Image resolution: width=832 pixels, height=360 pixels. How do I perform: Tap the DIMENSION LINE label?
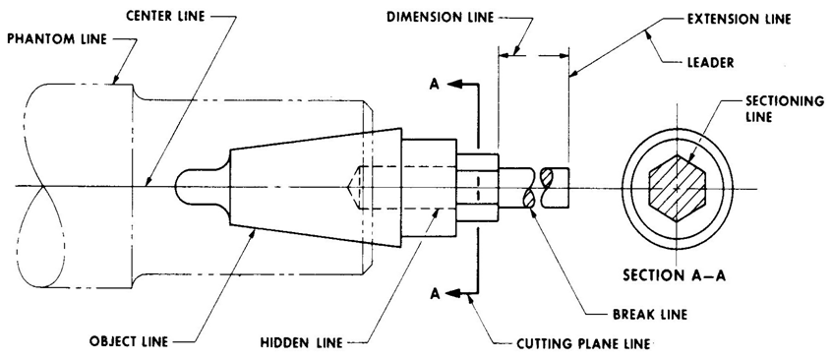coord(439,17)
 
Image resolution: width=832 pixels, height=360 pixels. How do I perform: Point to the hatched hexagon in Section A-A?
coord(678,188)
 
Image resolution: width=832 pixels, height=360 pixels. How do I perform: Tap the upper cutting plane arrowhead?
coord(454,86)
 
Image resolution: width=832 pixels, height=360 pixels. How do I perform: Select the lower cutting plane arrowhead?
coord(454,292)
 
